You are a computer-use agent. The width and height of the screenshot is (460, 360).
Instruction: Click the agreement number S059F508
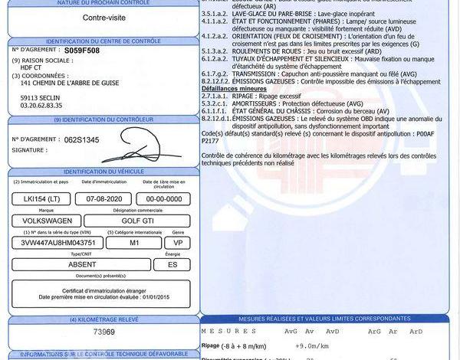pyautogui.click(x=84, y=49)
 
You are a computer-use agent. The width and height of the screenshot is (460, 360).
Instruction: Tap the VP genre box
pyautogui.click(x=178, y=242)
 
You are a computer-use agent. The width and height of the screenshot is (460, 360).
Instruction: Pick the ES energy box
pyautogui.click(x=172, y=264)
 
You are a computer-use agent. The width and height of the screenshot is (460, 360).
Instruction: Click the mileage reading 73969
pyautogui.click(x=103, y=332)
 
